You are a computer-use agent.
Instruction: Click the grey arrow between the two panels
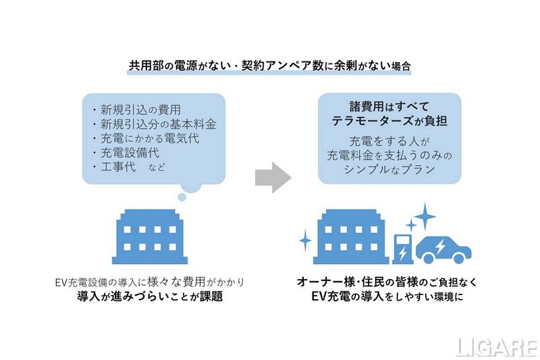(x=272, y=178)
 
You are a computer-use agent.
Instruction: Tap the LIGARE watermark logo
(x=495, y=346)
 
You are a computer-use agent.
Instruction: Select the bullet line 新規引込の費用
(x=140, y=109)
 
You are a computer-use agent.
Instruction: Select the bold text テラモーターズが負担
(x=389, y=123)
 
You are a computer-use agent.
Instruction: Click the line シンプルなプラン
(x=389, y=170)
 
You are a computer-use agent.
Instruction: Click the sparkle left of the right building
(x=304, y=238)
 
